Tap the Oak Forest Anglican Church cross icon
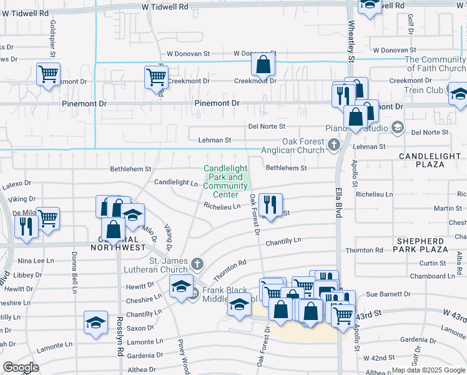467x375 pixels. click(x=334, y=146)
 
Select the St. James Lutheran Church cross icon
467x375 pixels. click(x=197, y=263)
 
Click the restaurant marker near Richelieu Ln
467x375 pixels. click(x=270, y=204)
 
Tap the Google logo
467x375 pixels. click(x=21, y=367)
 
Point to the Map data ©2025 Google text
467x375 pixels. click(x=428, y=370)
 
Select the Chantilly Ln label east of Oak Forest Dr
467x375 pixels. click(x=283, y=241)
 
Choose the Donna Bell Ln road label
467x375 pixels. click(x=74, y=272)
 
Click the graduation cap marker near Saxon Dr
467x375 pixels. click(x=95, y=322)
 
